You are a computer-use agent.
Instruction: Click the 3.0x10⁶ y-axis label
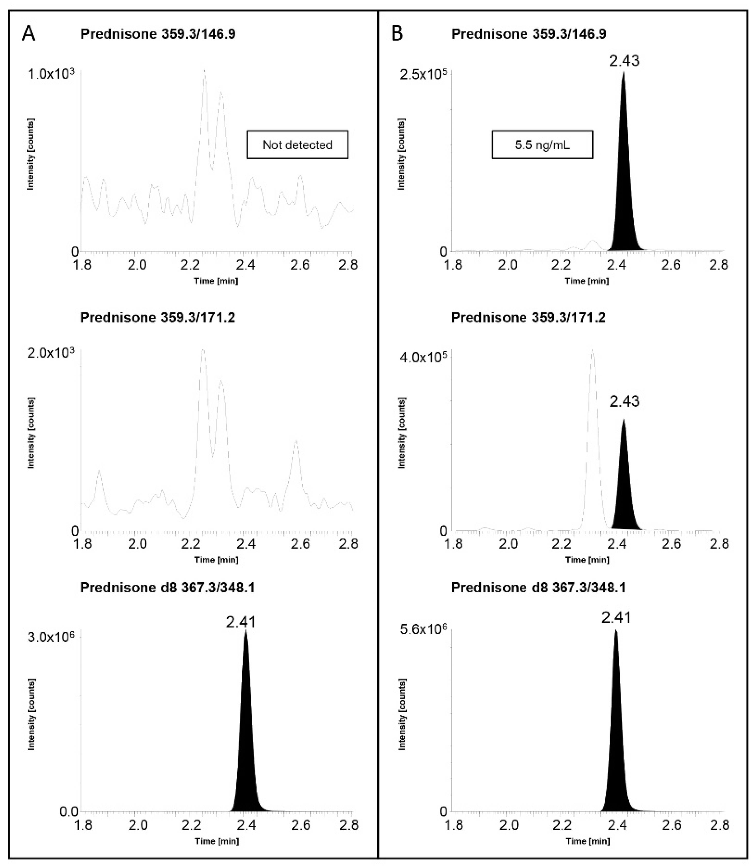(x=51, y=637)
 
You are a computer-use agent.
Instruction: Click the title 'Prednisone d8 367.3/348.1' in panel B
(x=538, y=587)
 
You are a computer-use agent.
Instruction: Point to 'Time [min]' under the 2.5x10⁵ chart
(x=587, y=281)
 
